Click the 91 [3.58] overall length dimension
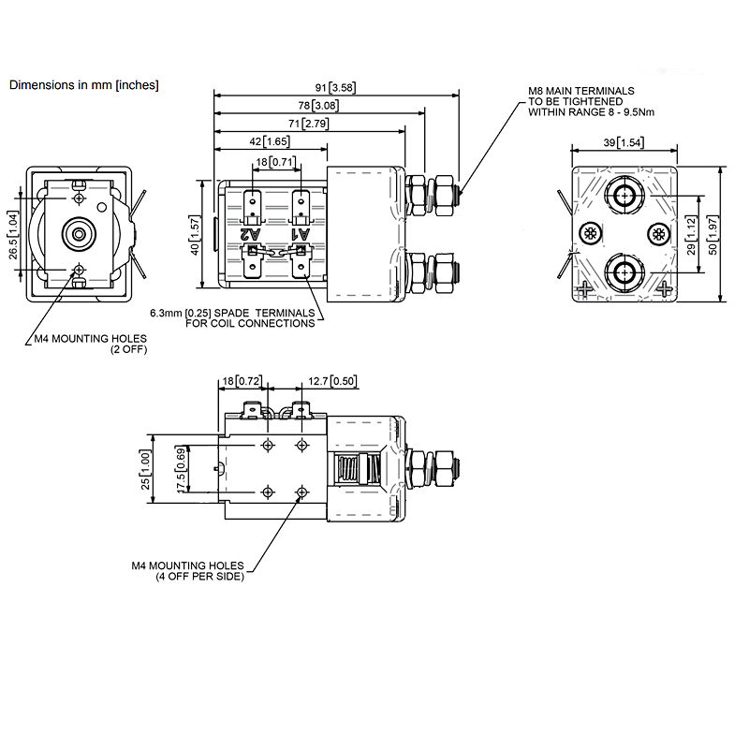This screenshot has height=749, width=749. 335,89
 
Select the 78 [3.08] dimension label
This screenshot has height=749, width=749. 319,106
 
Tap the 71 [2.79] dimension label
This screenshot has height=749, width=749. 309,124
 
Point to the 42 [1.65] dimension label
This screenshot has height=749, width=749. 271,141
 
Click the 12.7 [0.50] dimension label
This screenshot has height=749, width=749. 330,382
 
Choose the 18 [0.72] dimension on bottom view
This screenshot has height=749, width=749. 242,382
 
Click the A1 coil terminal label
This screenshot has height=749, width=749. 300,232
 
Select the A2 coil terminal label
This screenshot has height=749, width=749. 248,232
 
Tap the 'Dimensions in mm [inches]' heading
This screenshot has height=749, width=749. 84,84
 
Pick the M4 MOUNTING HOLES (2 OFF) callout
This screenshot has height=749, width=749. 90,344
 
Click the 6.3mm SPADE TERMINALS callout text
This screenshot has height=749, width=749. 230,317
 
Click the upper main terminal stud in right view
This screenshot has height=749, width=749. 623,195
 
